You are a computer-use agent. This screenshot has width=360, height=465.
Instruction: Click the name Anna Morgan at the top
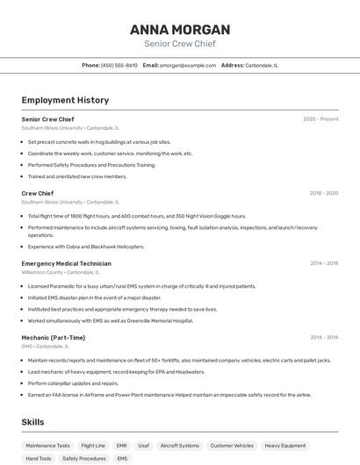179,29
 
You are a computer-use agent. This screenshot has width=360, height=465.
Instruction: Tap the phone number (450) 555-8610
119,66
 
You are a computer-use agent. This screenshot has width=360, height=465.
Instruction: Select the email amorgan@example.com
188,66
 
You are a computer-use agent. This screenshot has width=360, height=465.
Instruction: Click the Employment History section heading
65,100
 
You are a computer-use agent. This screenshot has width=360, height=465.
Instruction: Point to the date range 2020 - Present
320,119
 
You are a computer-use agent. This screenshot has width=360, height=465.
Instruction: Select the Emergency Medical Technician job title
67,263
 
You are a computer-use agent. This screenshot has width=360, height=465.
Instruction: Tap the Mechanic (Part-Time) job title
54,337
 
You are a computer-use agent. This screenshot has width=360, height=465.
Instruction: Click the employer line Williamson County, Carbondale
60,272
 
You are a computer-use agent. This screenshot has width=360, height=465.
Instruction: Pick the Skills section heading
33,422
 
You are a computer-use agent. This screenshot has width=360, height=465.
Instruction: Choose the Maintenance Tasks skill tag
47,446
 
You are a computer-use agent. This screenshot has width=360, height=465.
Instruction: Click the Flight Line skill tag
93,446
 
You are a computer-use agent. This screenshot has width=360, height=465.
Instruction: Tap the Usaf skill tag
143,446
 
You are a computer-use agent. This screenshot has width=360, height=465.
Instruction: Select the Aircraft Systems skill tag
179,446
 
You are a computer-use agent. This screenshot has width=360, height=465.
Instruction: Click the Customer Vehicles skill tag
232,446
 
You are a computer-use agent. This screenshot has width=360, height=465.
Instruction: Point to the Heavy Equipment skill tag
285,446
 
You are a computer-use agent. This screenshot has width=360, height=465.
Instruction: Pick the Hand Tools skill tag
39,459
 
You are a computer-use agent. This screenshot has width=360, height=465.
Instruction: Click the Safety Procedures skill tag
84,459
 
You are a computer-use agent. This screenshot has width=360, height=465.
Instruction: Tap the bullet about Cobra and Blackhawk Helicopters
86,247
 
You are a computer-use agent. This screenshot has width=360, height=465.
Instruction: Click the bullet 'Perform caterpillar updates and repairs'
73,383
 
